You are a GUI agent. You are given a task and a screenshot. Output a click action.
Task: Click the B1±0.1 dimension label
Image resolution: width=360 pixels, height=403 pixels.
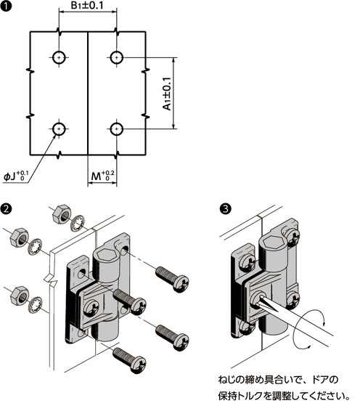(x=87, y=6)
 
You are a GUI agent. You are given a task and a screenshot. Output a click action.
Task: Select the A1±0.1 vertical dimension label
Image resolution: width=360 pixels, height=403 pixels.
(x=167, y=94)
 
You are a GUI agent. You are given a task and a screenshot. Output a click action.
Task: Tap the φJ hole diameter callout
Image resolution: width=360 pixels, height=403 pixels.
(x=16, y=176)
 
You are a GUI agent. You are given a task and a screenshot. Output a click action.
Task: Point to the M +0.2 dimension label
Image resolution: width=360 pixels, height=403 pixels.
(x=102, y=176)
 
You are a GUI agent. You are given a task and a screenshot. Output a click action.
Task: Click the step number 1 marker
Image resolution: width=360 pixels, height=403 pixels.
(x=6, y=6)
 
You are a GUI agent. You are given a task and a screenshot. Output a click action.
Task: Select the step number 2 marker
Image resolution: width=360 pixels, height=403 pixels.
(x=6, y=208)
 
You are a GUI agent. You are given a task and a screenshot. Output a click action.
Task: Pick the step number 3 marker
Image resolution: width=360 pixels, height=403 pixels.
(x=225, y=208)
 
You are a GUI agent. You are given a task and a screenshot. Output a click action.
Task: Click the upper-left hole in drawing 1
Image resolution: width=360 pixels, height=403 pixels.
(x=59, y=57)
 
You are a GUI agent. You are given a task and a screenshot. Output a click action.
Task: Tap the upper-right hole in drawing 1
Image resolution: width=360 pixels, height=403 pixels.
(x=117, y=57)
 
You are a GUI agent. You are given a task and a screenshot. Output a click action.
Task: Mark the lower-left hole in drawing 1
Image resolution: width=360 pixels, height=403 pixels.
(x=59, y=129)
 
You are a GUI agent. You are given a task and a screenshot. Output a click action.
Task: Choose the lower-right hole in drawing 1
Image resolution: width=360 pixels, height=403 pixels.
(x=117, y=129)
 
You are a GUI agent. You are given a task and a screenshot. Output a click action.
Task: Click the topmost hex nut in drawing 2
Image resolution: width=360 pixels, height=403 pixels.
(x=62, y=213)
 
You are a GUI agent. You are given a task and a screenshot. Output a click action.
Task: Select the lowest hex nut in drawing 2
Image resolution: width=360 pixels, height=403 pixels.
(x=20, y=296)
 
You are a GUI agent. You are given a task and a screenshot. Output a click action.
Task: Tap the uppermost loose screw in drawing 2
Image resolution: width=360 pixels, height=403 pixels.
(x=172, y=279)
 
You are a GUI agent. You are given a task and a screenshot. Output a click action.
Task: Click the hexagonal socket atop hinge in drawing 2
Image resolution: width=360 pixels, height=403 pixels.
(x=107, y=255)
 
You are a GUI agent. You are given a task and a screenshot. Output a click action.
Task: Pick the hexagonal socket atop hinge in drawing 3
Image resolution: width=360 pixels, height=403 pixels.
(x=273, y=242)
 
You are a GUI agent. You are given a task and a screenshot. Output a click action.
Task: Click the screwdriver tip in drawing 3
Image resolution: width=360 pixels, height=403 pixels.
(x=260, y=299)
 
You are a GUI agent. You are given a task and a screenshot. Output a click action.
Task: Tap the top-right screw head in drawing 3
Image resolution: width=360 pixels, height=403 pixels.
(x=292, y=235)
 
